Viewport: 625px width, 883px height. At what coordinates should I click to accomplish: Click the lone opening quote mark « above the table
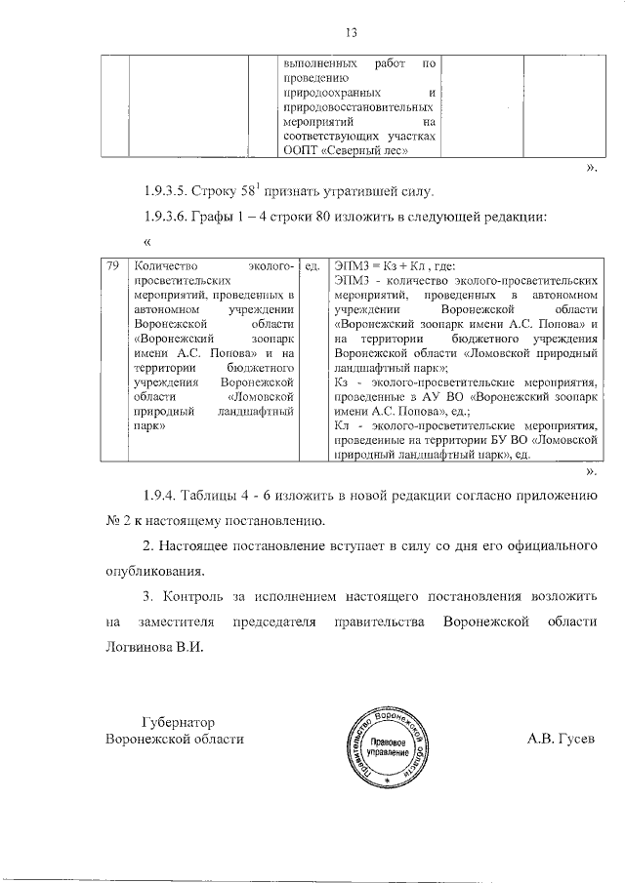point(146,241)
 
